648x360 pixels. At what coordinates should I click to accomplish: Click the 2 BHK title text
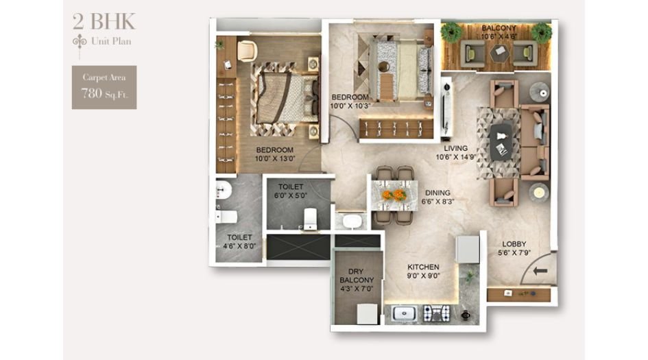click(x=104, y=21)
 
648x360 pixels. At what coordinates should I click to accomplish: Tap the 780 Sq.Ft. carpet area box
click(x=104, y=87)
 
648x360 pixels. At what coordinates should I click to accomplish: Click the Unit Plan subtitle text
click(x=110, y=41)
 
